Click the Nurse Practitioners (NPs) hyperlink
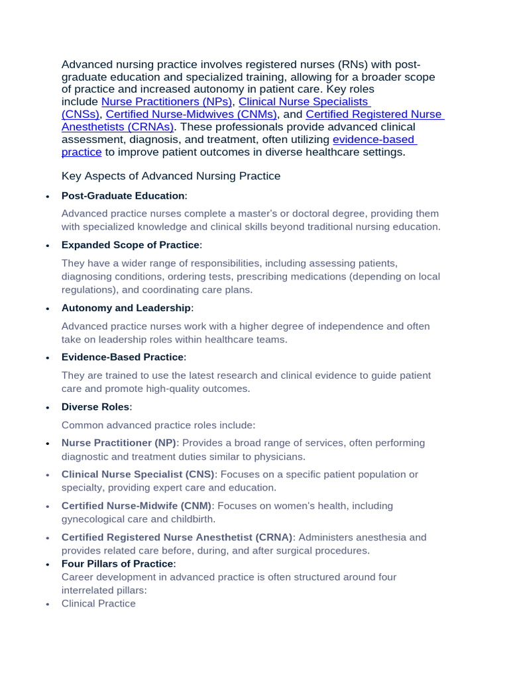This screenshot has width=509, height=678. click(166, 102)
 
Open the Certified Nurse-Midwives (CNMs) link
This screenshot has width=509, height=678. click(191, 115)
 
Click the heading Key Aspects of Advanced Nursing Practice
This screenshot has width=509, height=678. click(171, 176)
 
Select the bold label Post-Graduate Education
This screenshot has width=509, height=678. click(123, 196)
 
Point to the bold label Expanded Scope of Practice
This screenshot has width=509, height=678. click(130, 245)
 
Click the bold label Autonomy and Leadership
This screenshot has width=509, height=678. click(127, 308)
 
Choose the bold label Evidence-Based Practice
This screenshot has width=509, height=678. click(123, 358)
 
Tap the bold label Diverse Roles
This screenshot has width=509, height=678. click(95, 407)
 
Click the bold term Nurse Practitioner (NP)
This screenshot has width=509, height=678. click(119, 443)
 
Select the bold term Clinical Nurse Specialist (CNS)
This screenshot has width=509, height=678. click(138, 475)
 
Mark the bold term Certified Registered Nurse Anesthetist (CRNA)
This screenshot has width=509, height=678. click(177, 537)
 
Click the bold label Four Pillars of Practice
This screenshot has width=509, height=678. click(117, 564)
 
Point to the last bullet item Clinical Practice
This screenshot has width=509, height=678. click(98, 604)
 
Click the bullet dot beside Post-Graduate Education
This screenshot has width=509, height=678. click(47, 197)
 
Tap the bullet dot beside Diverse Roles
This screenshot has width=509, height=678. click(47, 407)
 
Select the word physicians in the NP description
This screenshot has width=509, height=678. click(281, 457)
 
